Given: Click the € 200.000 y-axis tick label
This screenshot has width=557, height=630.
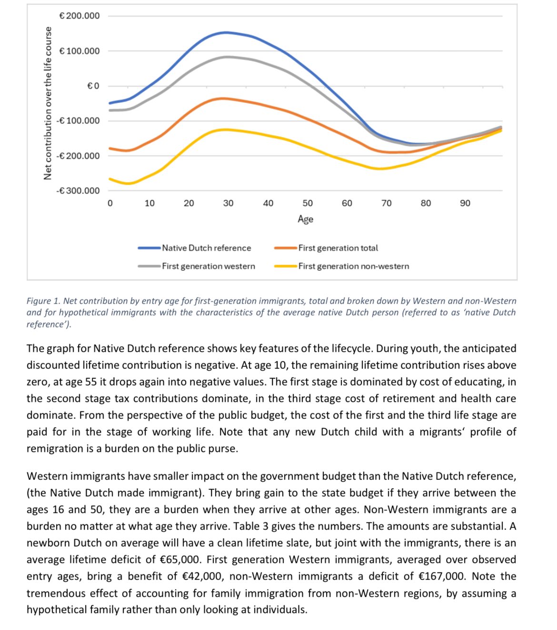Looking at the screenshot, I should [x=79, y=16].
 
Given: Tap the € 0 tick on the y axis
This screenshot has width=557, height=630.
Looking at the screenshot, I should [x=93, y=86].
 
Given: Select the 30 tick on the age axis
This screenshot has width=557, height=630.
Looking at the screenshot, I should [x=228, y=203].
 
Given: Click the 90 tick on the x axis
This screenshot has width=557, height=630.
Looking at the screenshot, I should [x=465, y=203].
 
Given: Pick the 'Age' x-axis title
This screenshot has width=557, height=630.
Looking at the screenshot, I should [x=305, y=219].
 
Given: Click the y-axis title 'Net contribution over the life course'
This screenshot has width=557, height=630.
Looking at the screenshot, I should [x=48, y=103].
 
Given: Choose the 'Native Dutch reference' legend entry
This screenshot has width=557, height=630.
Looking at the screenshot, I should [x=206, y=248].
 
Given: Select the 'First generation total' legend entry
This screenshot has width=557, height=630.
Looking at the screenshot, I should [x=338, y=248].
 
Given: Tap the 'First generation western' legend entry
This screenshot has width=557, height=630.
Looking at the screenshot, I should [x=208, y=266].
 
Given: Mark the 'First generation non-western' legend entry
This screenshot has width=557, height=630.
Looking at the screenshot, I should [x=353, y=266].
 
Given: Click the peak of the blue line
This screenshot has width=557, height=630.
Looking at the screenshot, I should [x=226, y=32].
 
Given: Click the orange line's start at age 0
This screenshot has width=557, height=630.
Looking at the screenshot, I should [x=110, y=148].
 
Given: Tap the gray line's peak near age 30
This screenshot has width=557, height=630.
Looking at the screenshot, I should [x=228, y=57].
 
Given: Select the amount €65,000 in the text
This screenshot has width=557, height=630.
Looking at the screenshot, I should [x=175, y=559].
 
